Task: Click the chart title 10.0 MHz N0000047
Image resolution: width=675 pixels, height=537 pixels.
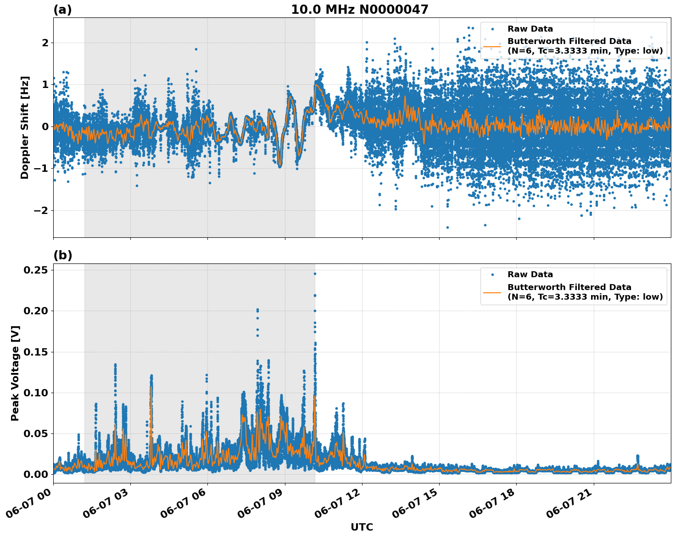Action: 359,10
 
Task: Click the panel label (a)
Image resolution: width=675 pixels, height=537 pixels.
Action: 62,10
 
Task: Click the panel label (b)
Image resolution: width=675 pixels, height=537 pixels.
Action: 62,255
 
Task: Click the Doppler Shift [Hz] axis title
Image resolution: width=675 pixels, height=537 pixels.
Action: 25,127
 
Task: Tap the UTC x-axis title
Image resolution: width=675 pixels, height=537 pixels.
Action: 362,527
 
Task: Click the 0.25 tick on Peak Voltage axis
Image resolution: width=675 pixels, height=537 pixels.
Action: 35,270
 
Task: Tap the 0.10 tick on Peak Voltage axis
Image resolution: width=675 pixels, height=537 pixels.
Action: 35,393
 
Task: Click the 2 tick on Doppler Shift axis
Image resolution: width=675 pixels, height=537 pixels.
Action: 45,43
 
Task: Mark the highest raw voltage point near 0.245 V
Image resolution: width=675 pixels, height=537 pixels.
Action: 315,274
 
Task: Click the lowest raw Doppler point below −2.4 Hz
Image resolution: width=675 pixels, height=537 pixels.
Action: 447,227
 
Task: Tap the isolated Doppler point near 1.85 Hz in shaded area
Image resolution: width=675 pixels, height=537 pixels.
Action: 196,49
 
